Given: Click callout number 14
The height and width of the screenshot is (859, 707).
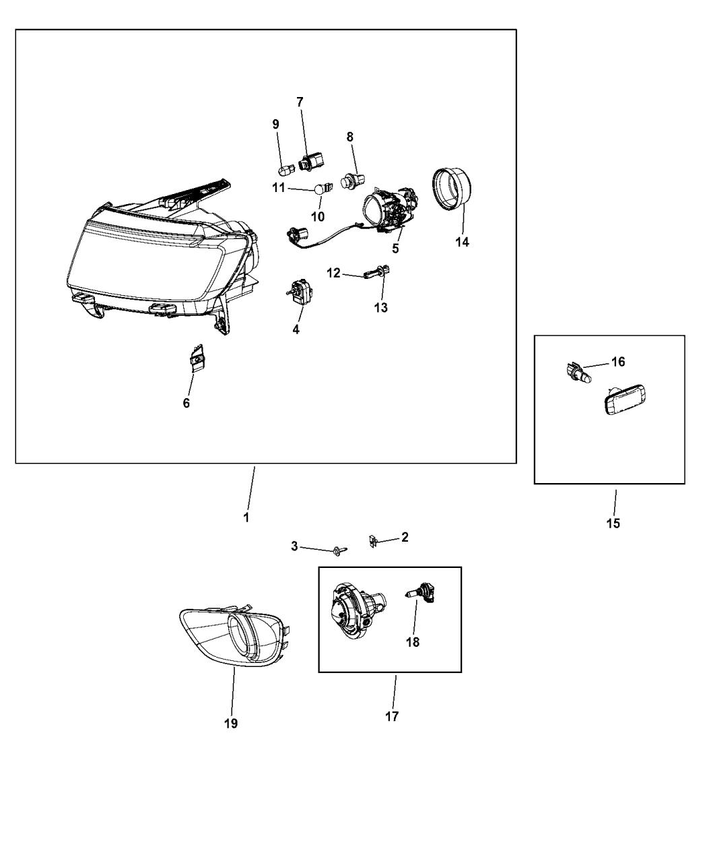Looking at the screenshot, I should pyautogui.click(x=462, y=242).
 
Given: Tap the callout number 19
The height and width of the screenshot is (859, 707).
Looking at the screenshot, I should pyautogui.click(x=230, y=724).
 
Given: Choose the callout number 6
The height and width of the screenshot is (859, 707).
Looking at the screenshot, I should pyautogui.click(x=187, y=403).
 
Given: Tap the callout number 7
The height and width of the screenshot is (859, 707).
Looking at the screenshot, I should pyautogui.click(x=300, y=102).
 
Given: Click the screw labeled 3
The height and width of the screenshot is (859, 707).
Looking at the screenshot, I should pyautogui.click(x=339, y=550).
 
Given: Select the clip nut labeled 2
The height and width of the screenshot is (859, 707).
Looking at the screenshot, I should pyautogui.click(x=372, y=540).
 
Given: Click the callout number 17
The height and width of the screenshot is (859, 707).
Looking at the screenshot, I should pyautogui.click(x=392, y=717).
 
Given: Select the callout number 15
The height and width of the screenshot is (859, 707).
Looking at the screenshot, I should pyautogui.click(x=613, y=523).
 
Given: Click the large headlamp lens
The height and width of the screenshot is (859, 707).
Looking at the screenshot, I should pyautogui.click(x=145, y=263).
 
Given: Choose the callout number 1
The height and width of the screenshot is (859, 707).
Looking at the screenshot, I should pyautogui.click(x=246, y=518).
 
